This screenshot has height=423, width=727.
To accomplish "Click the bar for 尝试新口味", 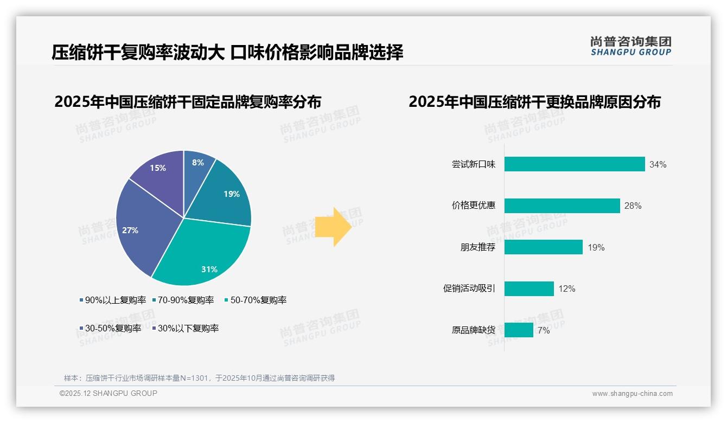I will click(575, 164).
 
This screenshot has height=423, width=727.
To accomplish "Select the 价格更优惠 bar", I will click(562, 206).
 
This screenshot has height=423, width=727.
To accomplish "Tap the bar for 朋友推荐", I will click(543, 247).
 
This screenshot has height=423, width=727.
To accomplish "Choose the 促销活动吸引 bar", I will click(529, 289).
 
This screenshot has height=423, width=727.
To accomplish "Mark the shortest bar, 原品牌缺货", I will click(519, 330).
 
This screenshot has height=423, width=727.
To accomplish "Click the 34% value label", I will click(658, 164).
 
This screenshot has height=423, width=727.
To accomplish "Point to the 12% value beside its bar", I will click(566, 289).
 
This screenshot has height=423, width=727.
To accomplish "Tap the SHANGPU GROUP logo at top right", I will click(630, 46).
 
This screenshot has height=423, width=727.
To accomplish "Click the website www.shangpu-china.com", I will click(632, 393).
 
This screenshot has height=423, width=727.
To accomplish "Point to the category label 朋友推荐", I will click(477, 247).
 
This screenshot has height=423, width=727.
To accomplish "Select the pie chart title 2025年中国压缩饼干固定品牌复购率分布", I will click(188, 102).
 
